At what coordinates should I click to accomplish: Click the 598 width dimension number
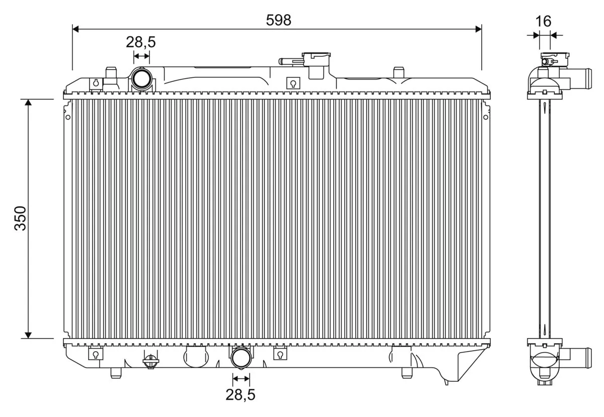(x=278, y=20)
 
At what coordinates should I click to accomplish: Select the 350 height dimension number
(x=20, y=218)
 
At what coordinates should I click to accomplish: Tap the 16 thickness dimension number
(x=543, y=21)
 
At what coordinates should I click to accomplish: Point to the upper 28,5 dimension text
(x=140, y=42)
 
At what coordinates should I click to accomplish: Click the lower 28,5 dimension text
(x=240, y=394)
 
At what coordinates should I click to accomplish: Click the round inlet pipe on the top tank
(x=141, y=79)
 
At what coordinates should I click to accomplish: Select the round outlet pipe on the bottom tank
(x=241, y=358)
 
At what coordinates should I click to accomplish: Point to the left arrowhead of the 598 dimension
(x=76, y=29)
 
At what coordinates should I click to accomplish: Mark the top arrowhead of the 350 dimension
(x=28, y=102)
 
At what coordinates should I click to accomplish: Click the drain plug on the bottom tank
(x=149, y=361)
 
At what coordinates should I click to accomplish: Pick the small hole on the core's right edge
(x=485, y=117)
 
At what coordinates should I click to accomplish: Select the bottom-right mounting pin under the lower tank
(x=407, y=373)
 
